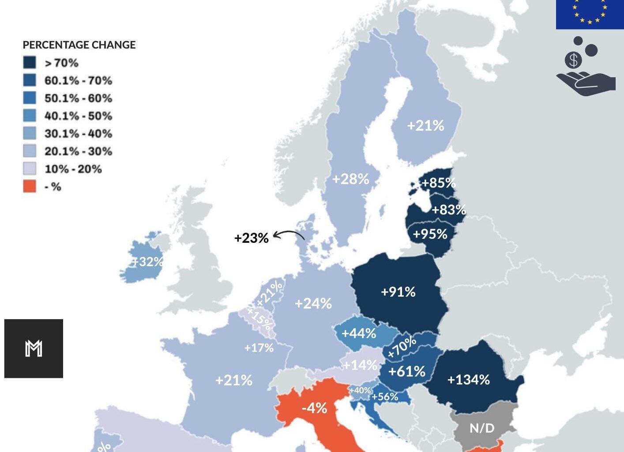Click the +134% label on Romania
[468, 380]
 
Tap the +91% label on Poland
[398, 292]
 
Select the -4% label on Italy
[314, 408]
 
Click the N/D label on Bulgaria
[482, 428]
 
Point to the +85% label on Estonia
[438, 183]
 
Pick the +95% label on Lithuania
[430, 234]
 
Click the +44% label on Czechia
[358, 333]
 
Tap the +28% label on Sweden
[350, 179]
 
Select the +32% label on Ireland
[148, 262]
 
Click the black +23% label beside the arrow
[251, 238]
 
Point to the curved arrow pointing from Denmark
[289, 235]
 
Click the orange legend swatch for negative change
[30, 186]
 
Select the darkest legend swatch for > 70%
[30, 62]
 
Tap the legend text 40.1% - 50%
[78, 116]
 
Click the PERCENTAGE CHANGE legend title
[79, 45]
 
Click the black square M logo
[34, 348]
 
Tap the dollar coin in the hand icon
[573, 60]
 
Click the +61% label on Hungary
[406, 371]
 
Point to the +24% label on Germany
[313, 303]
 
